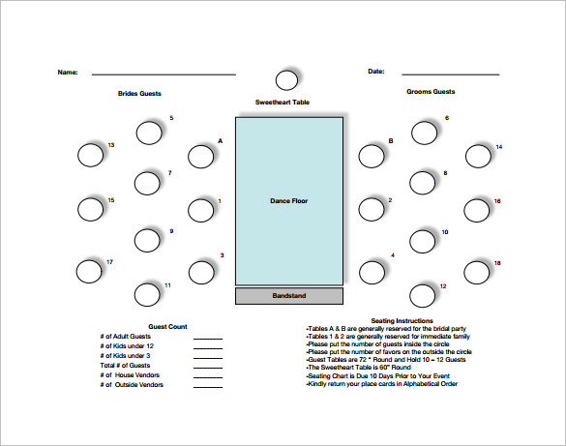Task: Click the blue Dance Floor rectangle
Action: pos(288,201)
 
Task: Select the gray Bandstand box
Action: pos(288,295)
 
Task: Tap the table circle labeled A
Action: pos(201,156)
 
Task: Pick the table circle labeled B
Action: pos(371,155)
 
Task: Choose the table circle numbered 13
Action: pos(90,155)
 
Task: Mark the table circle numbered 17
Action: pos(88,272)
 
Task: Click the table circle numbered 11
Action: pos(147,294)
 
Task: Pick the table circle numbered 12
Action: pos(423,294)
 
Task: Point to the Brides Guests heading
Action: pos(139,93)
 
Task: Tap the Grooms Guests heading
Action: pos(431,93)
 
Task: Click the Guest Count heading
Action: pos(167,327)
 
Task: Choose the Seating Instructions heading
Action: pos(402,320)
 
